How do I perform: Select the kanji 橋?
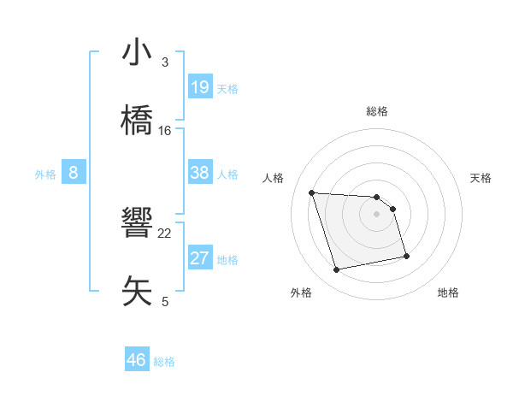[x=136, y=121]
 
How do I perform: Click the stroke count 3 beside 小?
[x=165, y=62]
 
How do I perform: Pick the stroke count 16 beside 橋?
[x=165, y=131]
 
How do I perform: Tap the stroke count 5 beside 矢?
[x=165, y=301]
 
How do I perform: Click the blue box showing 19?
[x=200, y=86]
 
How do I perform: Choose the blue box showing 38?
[x=200, y=173]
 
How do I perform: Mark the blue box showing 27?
[x=200, y=258]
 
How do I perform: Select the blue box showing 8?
[x=74, y=173]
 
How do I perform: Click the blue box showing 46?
[x=137, y=360]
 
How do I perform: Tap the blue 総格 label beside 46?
[x=164, y=362]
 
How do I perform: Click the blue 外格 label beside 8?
[x=45, y=174]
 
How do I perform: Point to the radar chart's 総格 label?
[x=376, y=111]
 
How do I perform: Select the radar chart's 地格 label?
[x=448, y=293]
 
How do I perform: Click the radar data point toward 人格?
[x=311, y=192]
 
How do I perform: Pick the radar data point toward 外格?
[x=337, y=270]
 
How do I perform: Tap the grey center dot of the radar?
[x=376, y=214]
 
